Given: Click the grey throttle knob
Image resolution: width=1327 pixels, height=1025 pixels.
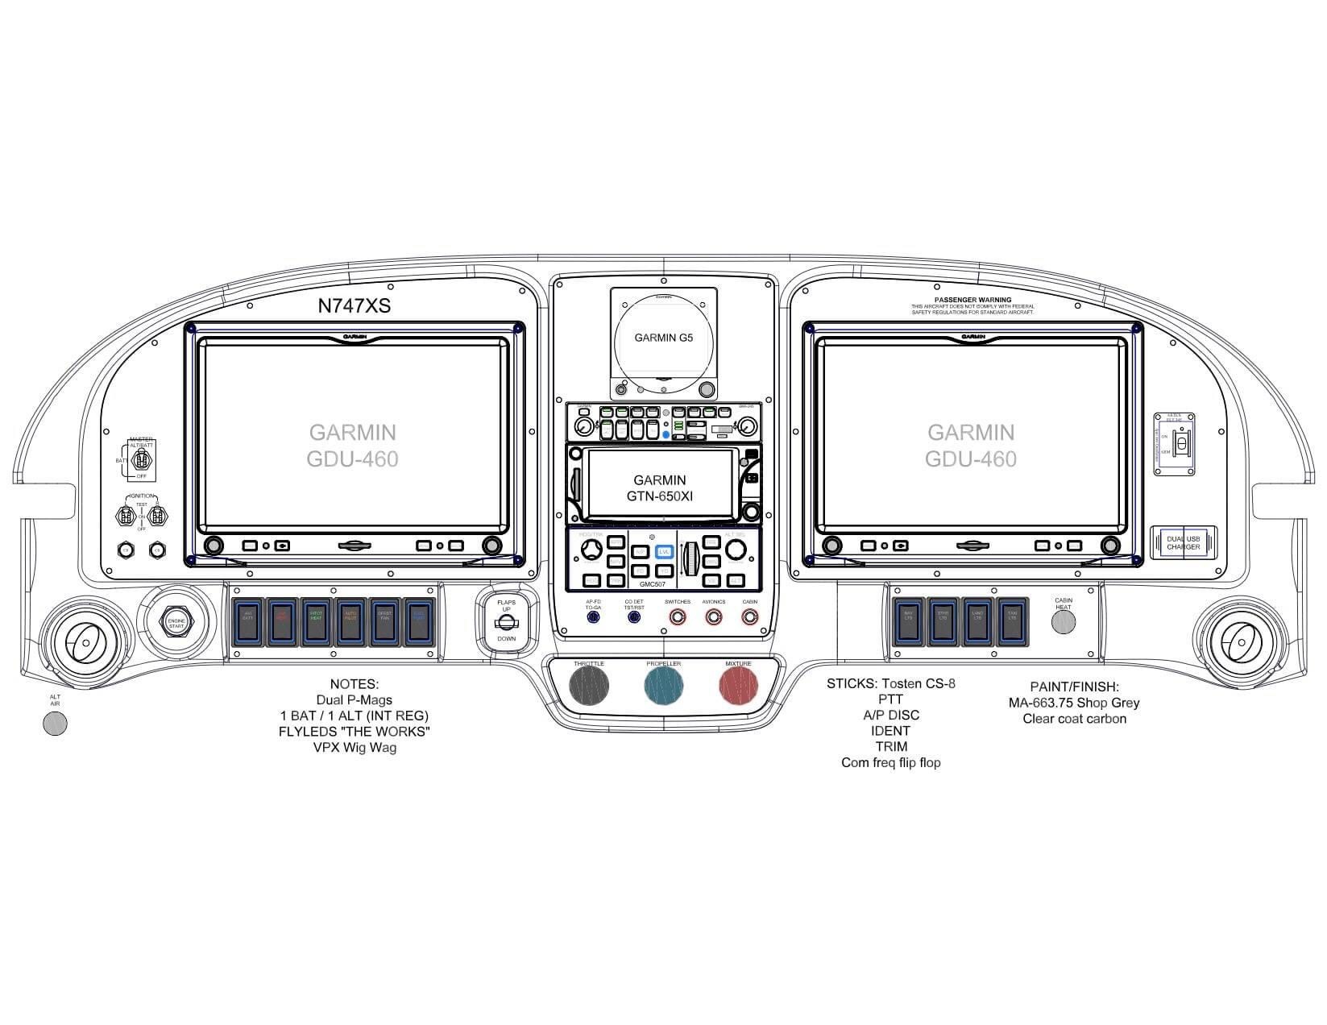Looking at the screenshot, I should (x=589, y=687).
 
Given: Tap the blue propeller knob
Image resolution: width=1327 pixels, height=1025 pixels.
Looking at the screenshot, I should (x=664, y=687).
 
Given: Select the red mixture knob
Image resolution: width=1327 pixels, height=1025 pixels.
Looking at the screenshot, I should (x=738, y=687).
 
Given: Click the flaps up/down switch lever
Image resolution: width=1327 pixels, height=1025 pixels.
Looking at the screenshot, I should (x=506, y=622).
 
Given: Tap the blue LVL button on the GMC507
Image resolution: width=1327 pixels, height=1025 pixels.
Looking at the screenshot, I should (x=664, y=552).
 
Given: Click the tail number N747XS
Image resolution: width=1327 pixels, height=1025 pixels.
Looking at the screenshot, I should (x=355, y=306).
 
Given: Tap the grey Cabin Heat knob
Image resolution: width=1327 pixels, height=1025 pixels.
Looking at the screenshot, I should (x=1064, y=621).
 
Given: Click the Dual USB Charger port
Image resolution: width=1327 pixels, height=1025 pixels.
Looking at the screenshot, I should (x=1183, y=542).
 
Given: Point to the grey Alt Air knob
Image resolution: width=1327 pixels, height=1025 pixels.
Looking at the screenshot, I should (x=55, y=724).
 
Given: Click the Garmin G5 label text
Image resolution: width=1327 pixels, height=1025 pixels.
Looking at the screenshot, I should (x=663, y=338).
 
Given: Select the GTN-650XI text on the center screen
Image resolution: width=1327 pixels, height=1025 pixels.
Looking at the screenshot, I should (x=660, y=496).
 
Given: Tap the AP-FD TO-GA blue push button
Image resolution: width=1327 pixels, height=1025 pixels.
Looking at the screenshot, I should (x=593, y=617).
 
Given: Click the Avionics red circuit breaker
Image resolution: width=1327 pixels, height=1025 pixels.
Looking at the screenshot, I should (x=714, y=617).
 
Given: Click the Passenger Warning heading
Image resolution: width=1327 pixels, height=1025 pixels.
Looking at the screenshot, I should (x=972, y=300).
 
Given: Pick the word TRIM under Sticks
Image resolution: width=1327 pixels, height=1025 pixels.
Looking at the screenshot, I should (x=891, y=746).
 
